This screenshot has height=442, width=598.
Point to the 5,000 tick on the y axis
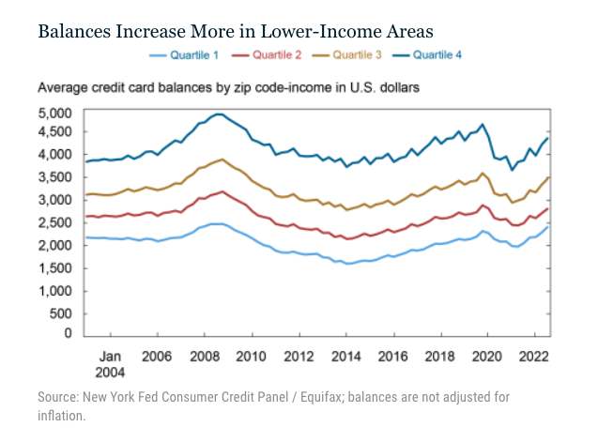[56, 113]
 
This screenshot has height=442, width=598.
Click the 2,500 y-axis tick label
[56, 222]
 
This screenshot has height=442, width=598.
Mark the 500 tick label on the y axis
[62, 312]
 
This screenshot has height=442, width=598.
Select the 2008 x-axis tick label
[204, 357]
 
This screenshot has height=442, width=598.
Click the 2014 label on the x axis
[347, 357]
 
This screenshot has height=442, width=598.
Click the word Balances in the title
[79, 31]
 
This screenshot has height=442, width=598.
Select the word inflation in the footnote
[61, 414]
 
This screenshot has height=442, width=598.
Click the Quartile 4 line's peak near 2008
[218, 114]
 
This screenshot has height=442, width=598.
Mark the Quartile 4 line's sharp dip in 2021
[513, 169]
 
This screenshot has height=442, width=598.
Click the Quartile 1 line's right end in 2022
[548, 226]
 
